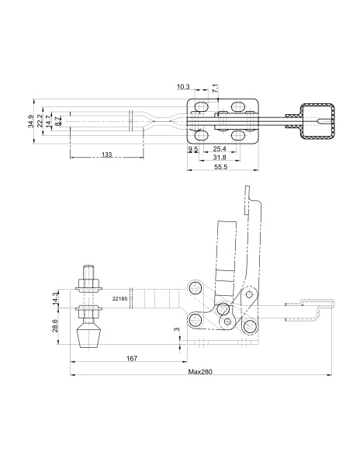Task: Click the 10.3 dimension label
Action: (183, 87)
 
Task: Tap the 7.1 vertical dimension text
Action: (216, 89)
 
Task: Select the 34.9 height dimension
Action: (30, 121)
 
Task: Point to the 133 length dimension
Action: (106, 155)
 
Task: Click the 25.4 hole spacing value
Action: (220, 148)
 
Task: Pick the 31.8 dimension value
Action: (220, 157)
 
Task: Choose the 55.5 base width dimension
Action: (220, 167)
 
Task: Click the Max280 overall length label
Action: (200, 372)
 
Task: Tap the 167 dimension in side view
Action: (132, 358)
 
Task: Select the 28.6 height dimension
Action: (55, 326)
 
